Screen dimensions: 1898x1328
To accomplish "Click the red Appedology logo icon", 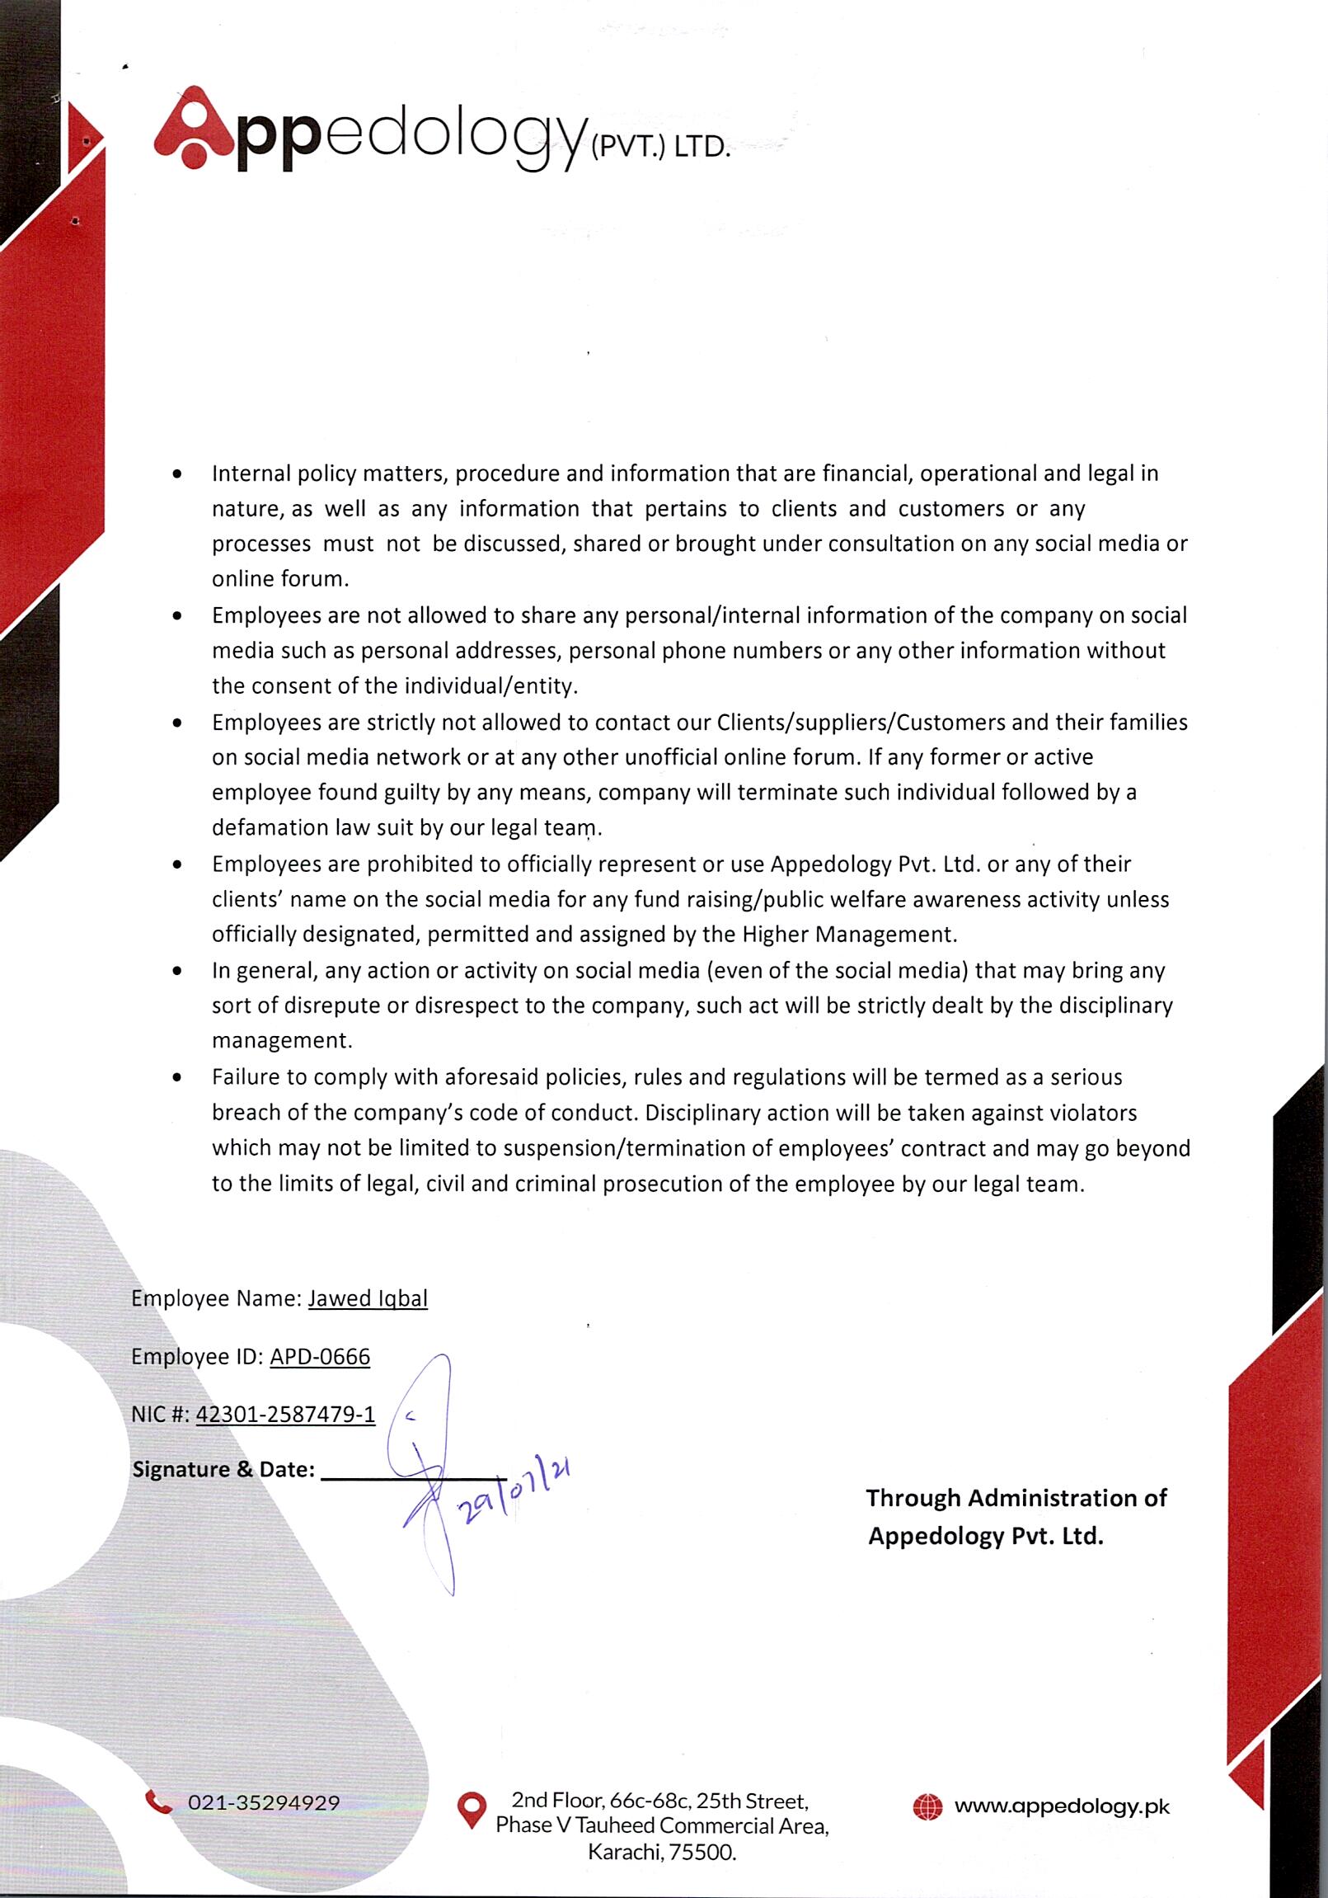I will pos(195,128).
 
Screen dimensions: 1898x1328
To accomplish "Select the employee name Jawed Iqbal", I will pos(368,1298).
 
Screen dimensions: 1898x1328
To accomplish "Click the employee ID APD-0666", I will pos(320,1357).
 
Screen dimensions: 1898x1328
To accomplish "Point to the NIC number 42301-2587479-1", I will pos(285,1415).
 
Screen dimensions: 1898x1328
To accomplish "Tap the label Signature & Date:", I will pos(223,1470).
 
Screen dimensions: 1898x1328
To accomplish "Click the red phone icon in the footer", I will pos(157,1801).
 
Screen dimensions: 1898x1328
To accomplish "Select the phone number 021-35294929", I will pos(264,1803).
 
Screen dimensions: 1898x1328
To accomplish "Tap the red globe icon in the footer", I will pos(927,1807).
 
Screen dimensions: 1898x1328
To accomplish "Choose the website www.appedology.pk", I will pos(1062,1807).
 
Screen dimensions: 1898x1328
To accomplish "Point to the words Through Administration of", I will pos(1016,1498).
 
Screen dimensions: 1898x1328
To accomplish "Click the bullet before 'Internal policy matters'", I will pos(177,474).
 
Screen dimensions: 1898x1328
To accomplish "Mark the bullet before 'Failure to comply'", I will pos(177,1078).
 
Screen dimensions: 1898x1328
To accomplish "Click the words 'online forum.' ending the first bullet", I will pos(280,579).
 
